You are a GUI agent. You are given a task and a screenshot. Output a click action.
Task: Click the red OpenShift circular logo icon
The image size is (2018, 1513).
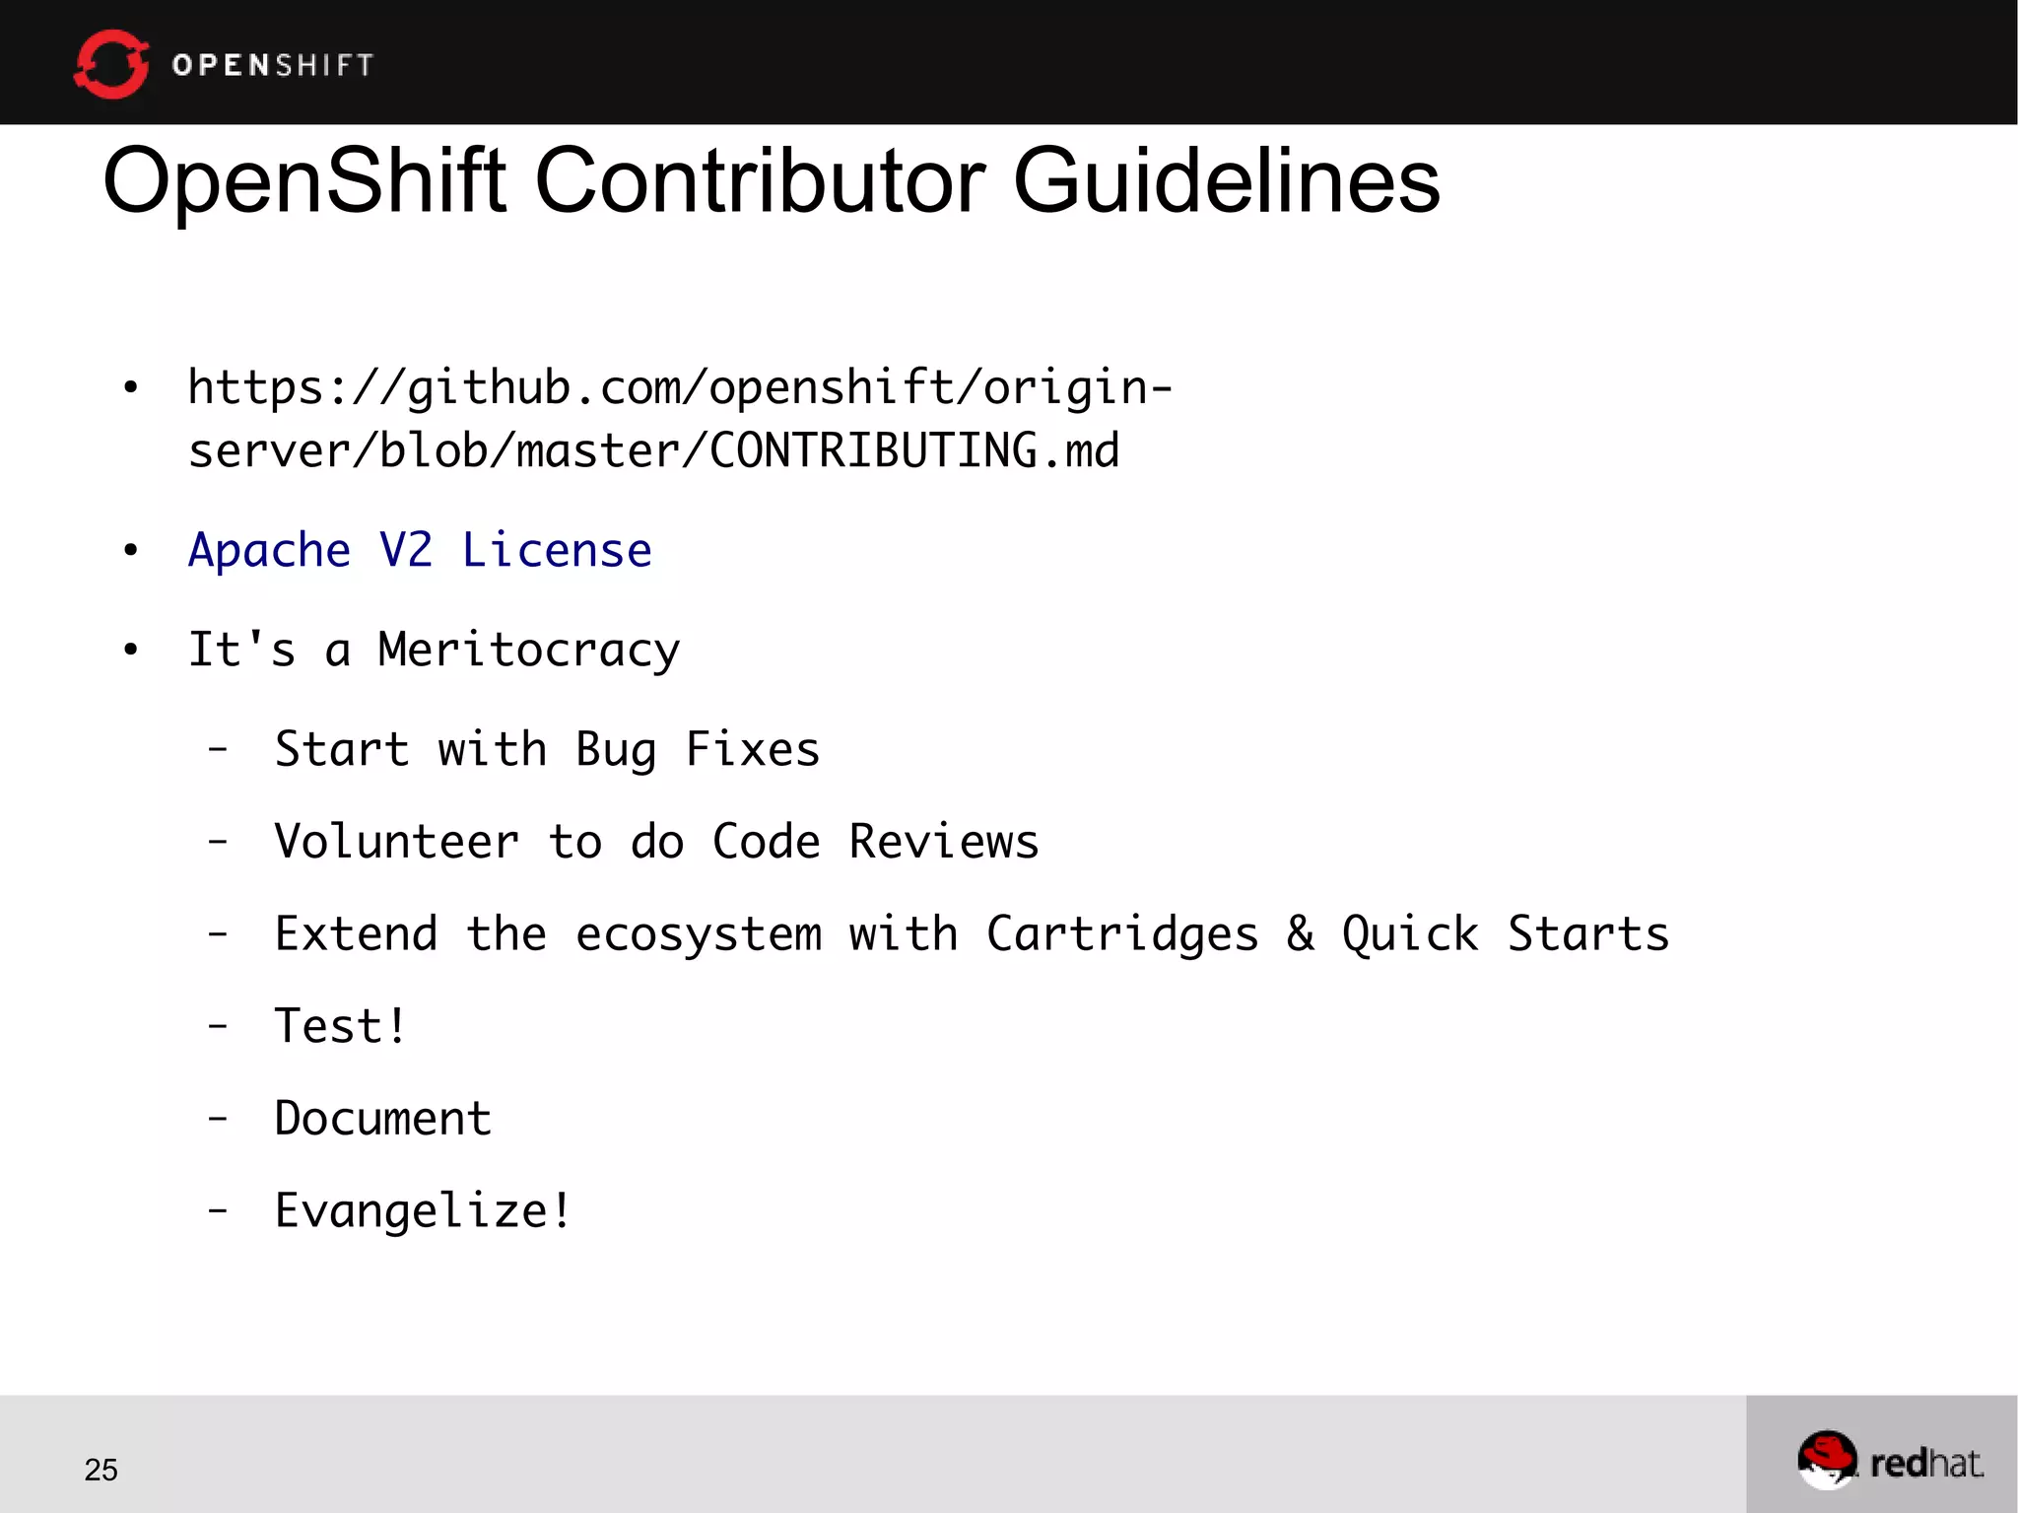pyautogui.click(x=110, y=64)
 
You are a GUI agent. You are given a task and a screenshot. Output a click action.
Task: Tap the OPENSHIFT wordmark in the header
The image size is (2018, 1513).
pyautogui.click(x=273, y=65)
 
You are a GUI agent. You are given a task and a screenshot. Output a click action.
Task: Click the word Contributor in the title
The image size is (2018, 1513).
pyautogui.click(x=760, y=181)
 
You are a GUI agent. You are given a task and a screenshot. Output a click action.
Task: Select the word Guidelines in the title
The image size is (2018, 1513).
pyautogui.click(x=1227, y=181)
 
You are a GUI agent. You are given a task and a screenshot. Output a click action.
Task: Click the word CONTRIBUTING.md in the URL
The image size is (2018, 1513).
pyautogui.click(x=914, y=451)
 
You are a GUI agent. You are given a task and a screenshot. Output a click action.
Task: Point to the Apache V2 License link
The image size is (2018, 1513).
pyautogui.click(x=420, y=550)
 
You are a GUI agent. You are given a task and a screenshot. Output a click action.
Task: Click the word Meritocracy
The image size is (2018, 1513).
pyautogui.click(x=529, y=651)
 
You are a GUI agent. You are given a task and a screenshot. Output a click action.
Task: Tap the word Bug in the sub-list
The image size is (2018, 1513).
pyautogui.click(x=616, y=750)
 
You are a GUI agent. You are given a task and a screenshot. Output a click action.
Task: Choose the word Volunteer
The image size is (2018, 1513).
pyautogui.click(x=396, y=842)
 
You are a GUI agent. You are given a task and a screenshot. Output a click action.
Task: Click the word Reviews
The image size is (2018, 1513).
pyautogui.click(x=944, y=842)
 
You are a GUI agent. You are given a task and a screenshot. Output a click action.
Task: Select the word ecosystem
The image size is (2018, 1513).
pyautogui.click(x=699, y=934)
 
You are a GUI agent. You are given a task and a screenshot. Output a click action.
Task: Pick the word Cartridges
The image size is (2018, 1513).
pyautogui.click(x=1122, y=934)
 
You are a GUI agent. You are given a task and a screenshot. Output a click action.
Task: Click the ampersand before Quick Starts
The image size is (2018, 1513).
pyautogui.click(x=1301, y=933)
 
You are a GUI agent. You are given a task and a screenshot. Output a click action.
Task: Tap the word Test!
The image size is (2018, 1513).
pyautogui.click(x=340, y=1026)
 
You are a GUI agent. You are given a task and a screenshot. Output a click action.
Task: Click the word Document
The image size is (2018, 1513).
pyautogui.click(x=382, y=1119)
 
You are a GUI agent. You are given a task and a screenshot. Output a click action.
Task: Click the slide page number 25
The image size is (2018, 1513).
pyautogui.click(x=101, y=1470)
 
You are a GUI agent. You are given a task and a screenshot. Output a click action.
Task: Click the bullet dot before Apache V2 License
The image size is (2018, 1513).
pyautogui.click(x=131, y=550)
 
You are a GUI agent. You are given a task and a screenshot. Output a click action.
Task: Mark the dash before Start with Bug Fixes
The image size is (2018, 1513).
pyautogui.click(x=218, y=749)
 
